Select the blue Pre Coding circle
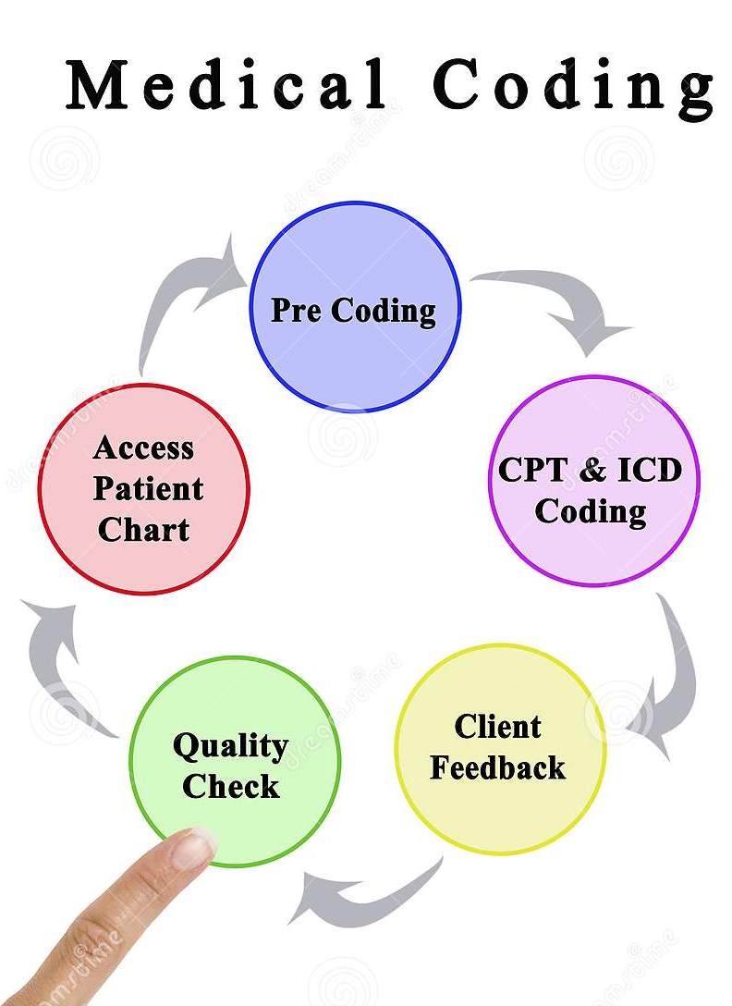[356, 306]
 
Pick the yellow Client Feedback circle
[499, 748]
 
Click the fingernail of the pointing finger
[193, 846]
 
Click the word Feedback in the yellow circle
[497, 767]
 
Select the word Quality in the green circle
[230, 745]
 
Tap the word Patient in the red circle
[148, 489]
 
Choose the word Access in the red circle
[143, 448]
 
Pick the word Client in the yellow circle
[497, 727]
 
